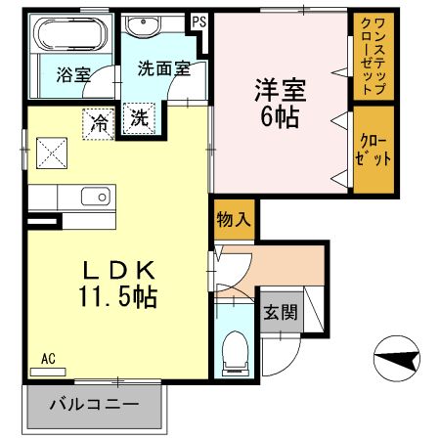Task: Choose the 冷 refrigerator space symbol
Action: [99, 121]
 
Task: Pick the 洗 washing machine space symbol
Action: [139, 120]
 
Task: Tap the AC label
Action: [49, 358]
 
